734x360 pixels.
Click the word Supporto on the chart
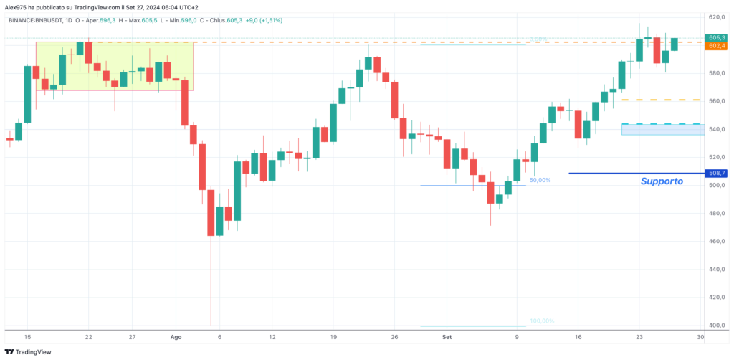tap(662, 182)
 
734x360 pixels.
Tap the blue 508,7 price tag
tap(717, 173)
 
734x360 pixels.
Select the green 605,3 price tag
tap(717, 37)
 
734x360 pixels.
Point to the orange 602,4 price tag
tap(717, 46)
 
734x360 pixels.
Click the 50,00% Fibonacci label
tap(540, 181)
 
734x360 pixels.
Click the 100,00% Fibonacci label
tap(542, 321)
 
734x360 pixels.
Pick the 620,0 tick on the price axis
tap(716, 16)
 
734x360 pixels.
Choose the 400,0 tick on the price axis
tap(716, 325)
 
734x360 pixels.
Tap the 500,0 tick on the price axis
tap(716, 185)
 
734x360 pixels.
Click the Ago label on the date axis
tap(177, 336)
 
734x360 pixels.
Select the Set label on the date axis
tap(447, 336)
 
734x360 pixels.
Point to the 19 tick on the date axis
tap(333, 336)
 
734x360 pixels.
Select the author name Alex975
tap(17, 6)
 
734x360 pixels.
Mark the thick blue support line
tap(631, 173)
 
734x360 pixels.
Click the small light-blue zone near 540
tap(661, 130)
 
